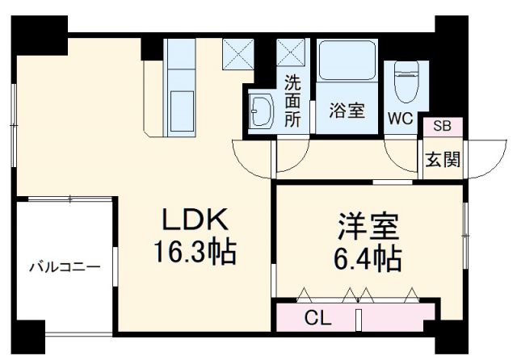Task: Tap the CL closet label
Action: [317, 317]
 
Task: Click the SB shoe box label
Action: [442, 126]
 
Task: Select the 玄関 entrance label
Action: [443, 159]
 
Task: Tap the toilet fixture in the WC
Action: [401, 82]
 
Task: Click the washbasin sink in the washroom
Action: [260, 112]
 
